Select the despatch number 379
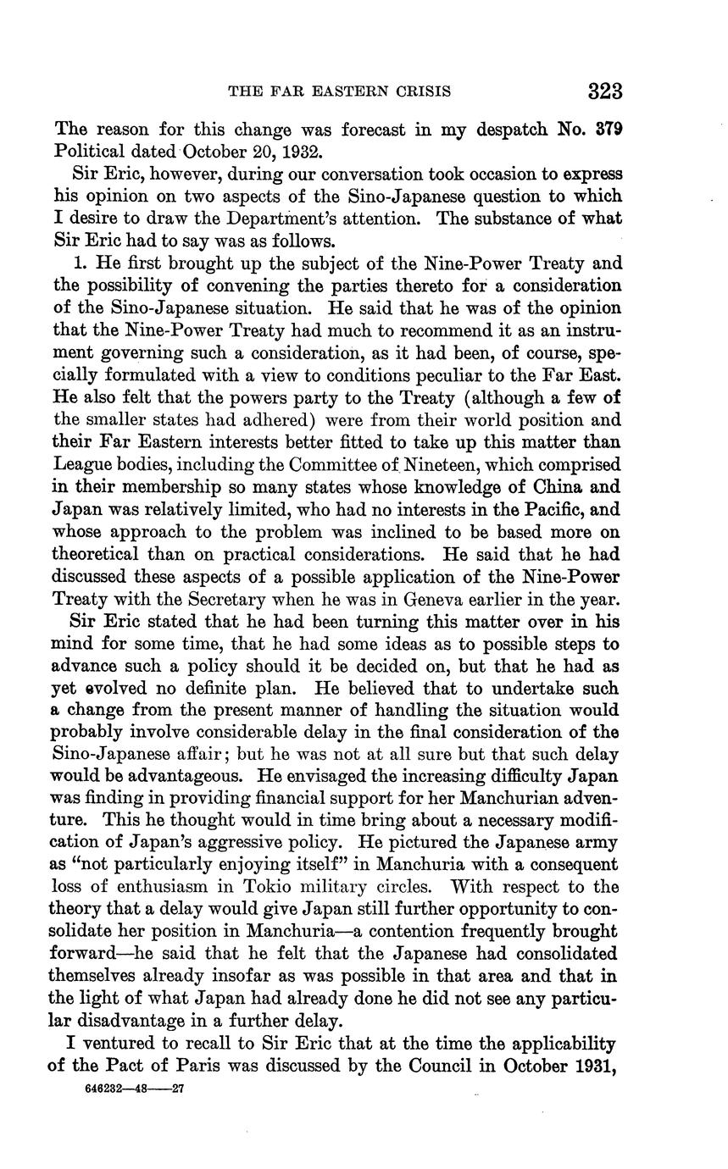coord(607,130)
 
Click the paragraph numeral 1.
coord(80,263)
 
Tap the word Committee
coord(333,465)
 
